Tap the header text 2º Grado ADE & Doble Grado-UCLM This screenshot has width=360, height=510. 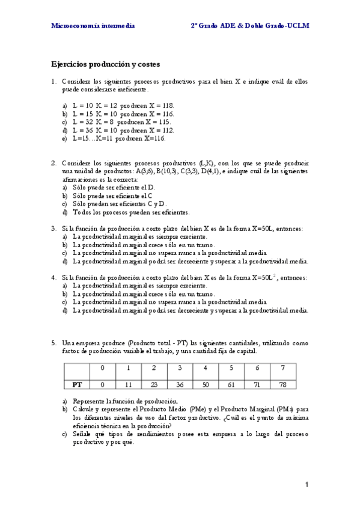[249, 26]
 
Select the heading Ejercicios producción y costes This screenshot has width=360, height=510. [105, 63]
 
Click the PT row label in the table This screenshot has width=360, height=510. [77, 383]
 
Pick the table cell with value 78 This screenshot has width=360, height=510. [282, 383]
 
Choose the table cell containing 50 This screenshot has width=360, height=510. [206, 383]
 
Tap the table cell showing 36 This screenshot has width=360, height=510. [180, 383]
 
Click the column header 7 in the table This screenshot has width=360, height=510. [282, 367]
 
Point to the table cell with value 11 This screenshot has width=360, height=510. [128, 383]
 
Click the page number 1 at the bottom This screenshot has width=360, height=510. [307, 485]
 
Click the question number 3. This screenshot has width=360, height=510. [53, 229]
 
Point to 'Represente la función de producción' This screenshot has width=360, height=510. [125, 401]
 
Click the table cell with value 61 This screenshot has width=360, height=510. [231, 383]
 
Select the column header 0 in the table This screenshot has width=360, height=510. [103, 367]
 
